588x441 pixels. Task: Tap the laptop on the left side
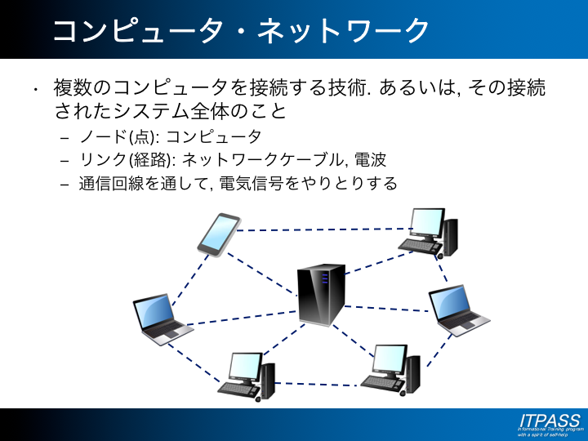tap(161, 317)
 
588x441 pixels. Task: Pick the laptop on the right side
tap(458, 310)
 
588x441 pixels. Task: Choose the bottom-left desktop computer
tap(247, 376)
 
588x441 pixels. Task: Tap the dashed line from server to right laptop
tap(388, 308)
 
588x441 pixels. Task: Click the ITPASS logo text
tap(549, 420)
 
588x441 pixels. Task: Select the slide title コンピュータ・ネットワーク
tap(241, 31)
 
